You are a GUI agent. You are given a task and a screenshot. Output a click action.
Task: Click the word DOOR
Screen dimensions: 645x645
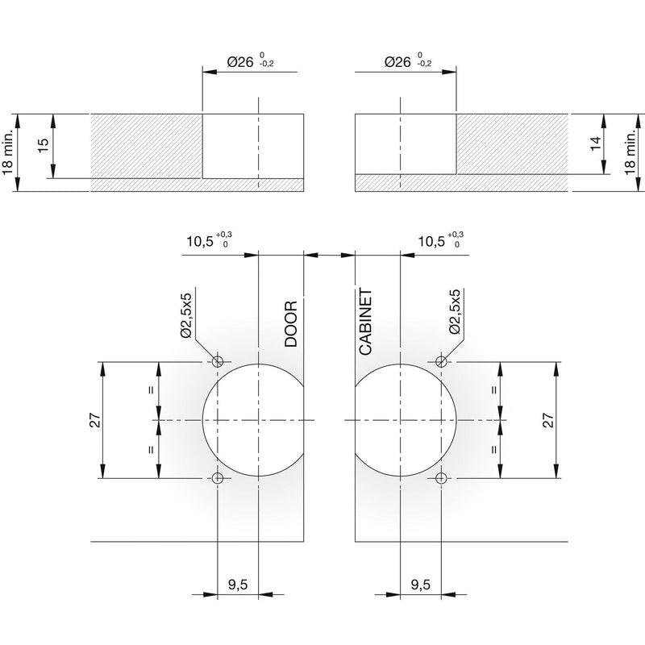pos(291,324)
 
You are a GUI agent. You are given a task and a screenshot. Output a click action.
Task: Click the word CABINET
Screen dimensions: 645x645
pos(365,322)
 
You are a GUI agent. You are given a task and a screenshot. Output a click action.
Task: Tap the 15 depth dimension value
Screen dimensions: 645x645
pos(43,145)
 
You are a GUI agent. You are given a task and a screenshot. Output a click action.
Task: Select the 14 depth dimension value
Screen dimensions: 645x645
pos(595,143)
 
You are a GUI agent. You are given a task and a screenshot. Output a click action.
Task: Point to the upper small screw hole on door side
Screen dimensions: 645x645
pos(218,361)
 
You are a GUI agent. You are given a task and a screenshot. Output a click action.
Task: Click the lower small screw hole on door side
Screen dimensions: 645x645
pos(218,478)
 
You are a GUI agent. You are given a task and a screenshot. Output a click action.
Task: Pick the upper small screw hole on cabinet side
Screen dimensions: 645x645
pos(441,361)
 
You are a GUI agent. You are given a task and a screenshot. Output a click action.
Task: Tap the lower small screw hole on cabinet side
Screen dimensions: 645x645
pos(441,478)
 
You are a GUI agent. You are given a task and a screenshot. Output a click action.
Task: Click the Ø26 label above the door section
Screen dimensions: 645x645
pos(240,62)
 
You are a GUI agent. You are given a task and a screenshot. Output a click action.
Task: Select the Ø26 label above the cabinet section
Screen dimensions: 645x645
pos(397,62)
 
